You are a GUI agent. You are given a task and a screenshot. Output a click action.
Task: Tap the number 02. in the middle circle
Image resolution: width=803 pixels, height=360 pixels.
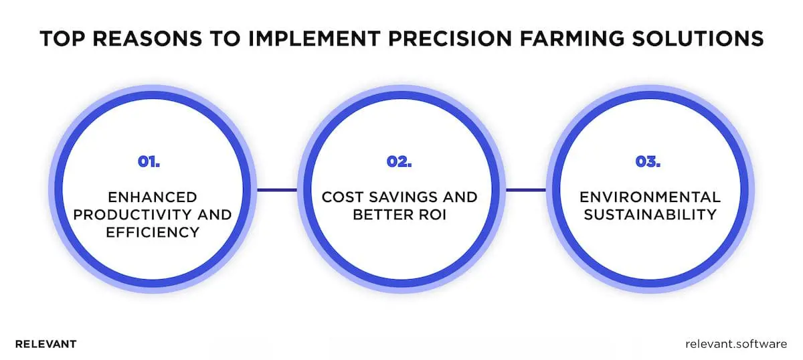399,161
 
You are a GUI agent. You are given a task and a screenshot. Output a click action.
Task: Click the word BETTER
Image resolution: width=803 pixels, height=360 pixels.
380,215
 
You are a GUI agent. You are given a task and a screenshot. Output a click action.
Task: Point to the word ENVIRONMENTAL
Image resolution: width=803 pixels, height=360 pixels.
650,197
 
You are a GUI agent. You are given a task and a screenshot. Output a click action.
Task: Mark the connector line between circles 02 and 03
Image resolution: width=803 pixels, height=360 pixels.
525,190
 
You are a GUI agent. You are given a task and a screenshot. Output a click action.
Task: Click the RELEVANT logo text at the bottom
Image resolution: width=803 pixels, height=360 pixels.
46,344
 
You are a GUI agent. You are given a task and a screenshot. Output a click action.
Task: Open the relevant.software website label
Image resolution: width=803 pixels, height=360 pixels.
737,344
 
